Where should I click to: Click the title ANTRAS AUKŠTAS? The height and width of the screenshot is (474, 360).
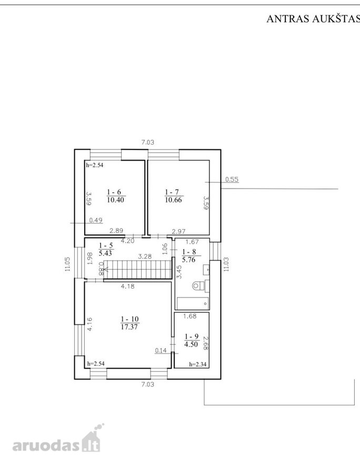(x=313, y=19)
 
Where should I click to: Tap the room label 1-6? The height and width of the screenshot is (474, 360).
(x=114, y=192)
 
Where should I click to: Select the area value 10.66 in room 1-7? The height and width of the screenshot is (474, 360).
(x=173, y=200)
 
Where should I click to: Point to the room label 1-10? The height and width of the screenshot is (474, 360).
(x=129, y=319)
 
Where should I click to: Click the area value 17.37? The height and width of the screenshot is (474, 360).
(x=129, y=327)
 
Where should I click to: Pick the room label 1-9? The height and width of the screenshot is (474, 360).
(x=192, y=337)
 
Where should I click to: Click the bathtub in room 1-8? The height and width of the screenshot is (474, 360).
(x=193, y=303)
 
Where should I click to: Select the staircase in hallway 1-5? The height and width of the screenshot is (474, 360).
(x=136, y=270)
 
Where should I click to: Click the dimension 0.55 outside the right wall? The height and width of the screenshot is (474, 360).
(x=232, y=179)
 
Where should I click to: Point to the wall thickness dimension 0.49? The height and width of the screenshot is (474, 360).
(x=96, y=220)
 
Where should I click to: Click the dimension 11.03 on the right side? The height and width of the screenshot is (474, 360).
(x=226, y=264)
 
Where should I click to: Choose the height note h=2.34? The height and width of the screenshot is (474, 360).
(x=198, y=364)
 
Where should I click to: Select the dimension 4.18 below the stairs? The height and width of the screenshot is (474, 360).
(x=127, y=286)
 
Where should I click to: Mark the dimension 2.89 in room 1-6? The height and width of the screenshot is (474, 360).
(x=116, y=231)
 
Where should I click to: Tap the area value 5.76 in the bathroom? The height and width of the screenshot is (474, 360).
(x=189, y=259)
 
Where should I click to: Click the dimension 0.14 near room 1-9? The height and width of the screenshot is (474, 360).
(x=161, y=350)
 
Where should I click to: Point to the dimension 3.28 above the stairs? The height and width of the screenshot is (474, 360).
(x=145, y=256)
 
